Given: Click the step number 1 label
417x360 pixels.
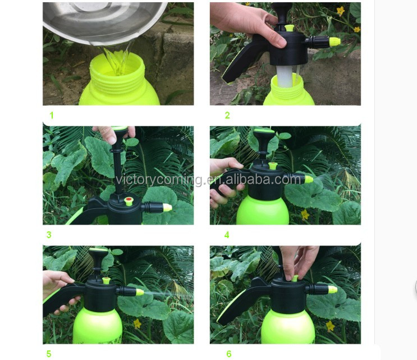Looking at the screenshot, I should pos(52,116).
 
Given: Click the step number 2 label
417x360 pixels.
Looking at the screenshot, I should pos(227,116).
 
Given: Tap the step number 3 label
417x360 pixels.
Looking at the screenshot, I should pos(49,235).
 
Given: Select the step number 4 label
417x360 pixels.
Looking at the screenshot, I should pos(227,235).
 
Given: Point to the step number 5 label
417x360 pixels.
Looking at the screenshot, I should pos(49,354).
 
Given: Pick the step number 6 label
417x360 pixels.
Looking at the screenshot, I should pos(228,354).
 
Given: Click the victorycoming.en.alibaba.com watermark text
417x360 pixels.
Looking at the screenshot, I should pos(209,180).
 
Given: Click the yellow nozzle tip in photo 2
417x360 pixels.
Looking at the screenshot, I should pos(335,42).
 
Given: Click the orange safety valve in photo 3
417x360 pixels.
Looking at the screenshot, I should pos(128,200).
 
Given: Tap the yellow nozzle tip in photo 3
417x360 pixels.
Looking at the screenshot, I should pos(167,207).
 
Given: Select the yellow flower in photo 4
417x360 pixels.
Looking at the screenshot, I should pos(305,214).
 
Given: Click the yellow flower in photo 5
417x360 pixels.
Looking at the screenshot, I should pos(137,323).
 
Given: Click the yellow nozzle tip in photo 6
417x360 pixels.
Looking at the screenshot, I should pos(332,289).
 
